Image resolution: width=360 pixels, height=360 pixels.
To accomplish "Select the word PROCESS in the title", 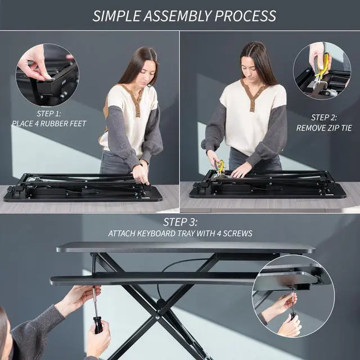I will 245,15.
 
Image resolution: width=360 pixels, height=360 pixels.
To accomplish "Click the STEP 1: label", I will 49,113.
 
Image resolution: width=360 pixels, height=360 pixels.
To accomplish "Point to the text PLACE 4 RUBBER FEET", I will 49,123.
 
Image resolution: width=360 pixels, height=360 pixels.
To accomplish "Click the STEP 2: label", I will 324,118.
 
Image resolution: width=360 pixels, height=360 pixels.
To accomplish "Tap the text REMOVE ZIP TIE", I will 324,128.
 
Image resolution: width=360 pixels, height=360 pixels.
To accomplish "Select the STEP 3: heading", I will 180,222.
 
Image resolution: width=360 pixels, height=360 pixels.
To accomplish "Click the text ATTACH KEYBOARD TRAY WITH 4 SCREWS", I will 180,233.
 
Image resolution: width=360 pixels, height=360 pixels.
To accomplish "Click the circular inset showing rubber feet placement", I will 47,75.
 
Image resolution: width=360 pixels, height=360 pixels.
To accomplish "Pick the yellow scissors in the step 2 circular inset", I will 321,67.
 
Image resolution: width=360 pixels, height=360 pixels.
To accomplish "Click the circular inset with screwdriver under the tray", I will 293,296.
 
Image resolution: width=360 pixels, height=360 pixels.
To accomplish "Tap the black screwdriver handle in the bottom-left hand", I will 98,326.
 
